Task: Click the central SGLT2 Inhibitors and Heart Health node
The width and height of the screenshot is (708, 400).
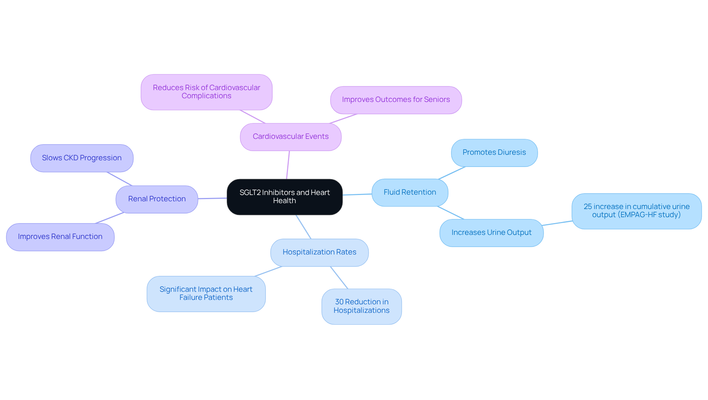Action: [x=284, y=197]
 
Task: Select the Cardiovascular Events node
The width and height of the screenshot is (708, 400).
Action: [x=291, y=137]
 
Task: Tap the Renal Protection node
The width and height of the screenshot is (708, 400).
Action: [x=157, y=199]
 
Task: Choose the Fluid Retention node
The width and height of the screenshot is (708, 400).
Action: [x=410, y=192]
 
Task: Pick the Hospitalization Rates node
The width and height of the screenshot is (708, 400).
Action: [x=319, y=252]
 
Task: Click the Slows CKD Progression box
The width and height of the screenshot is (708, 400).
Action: [x=81, y=158]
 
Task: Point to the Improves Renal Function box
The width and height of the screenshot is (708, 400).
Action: [x=60, y=237]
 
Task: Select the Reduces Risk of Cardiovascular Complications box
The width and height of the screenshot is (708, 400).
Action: [x=206, y=92]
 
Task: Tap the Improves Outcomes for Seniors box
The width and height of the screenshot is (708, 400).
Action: [x=396, y=100]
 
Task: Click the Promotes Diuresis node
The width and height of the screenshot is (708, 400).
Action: [x=494, y=153]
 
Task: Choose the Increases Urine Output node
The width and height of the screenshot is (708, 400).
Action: [x=491, y=233]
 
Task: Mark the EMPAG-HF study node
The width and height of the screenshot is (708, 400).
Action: [x=636, y=211]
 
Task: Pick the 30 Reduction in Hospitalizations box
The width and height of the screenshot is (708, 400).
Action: [x=361, y=306]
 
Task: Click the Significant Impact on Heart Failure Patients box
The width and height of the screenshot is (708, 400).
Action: [x=206, y=294]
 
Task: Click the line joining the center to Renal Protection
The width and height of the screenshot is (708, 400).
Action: [x=212, y=198]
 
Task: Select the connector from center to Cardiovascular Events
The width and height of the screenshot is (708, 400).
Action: [x=288, y=165]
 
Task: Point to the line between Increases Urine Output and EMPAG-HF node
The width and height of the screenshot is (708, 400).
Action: [x=557, y=223]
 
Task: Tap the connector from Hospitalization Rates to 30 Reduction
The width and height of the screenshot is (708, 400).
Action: [x=339, y=277]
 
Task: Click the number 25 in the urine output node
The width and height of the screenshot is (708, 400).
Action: [x=587, y=207]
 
